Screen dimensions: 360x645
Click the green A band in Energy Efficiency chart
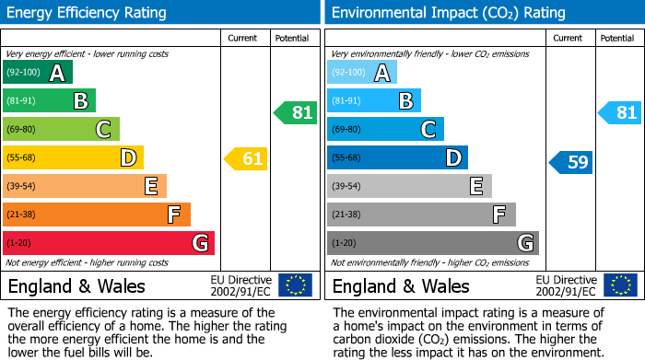[x=37, y=73]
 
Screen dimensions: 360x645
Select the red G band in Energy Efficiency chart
[x=108, y=243]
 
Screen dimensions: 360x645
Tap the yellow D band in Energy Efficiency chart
[x=73, y=158]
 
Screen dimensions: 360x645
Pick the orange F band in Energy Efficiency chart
[x=96, y=215]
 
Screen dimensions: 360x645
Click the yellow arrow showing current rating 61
[x=246, y=159]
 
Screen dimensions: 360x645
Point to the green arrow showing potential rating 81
[x=295, y=113]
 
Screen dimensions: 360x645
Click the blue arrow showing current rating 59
[x=571, y=163]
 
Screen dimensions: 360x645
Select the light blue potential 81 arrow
[x=619, y=113]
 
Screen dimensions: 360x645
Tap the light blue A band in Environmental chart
[x=361, y=73]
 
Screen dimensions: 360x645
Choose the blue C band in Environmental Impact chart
[x=385, y=130]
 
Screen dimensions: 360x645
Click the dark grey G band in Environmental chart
[x=432, y=243]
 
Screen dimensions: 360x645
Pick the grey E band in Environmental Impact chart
[x=409, y=186]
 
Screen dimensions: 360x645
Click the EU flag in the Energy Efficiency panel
[x=295, y=285]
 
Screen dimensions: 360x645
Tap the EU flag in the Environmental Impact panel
[x=619, y=285]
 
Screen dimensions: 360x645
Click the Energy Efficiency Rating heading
[x=88, y=13]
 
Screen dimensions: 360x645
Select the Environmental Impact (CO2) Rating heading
[x=448, y=13]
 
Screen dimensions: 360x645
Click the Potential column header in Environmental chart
[x=616, y=38]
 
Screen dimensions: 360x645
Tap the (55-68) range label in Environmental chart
[x=346, y=158]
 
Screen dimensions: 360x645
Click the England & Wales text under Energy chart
[x=76, y=286]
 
